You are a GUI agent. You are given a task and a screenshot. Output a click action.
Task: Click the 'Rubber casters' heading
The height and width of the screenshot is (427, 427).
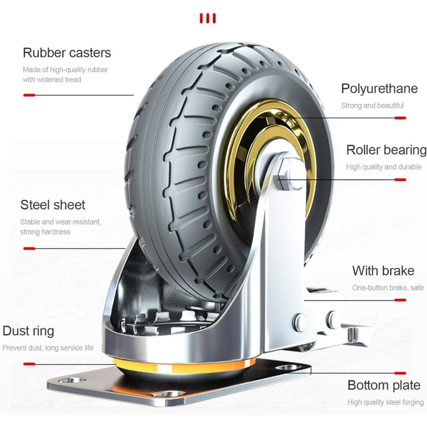(67, 53)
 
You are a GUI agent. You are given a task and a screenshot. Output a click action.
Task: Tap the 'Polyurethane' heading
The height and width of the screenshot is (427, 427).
(379, 88)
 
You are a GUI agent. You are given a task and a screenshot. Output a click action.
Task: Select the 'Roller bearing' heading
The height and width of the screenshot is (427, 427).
(386, 150)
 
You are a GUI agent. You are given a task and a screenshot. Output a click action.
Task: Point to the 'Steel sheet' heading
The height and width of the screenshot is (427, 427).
(53, 205)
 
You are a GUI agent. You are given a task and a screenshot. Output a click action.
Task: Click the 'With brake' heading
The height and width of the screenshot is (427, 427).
(383, 271)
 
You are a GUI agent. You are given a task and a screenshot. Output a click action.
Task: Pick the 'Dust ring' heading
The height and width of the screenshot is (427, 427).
(28, 331)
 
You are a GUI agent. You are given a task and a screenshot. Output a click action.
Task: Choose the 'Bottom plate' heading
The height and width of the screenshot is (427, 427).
(384, 385)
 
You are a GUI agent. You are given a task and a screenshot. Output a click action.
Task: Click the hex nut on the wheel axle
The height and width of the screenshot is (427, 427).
(288, 173)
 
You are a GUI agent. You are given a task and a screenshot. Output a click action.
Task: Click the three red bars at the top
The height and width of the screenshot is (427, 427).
(207, 18)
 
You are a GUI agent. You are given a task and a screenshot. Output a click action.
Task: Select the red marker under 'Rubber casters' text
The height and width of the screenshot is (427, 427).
(29, 95)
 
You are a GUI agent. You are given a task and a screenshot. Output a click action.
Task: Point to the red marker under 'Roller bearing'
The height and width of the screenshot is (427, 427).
(400, 180)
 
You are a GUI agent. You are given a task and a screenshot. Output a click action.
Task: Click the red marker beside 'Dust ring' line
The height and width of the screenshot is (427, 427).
(29, 364)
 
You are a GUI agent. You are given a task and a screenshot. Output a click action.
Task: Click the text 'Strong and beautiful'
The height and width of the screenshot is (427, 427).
(372, 105)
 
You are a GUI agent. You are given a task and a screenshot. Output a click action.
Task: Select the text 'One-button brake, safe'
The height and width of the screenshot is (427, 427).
(388, 288)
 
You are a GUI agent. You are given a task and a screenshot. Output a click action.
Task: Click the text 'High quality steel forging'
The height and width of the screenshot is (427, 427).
(385, 402)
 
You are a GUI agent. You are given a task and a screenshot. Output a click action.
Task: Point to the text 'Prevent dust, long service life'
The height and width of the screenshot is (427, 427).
(48, 348)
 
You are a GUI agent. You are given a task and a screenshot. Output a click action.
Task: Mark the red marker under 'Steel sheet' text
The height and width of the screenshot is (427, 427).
(29, 249)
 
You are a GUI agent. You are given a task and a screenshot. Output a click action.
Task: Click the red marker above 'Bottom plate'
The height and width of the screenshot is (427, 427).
(400, 373)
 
